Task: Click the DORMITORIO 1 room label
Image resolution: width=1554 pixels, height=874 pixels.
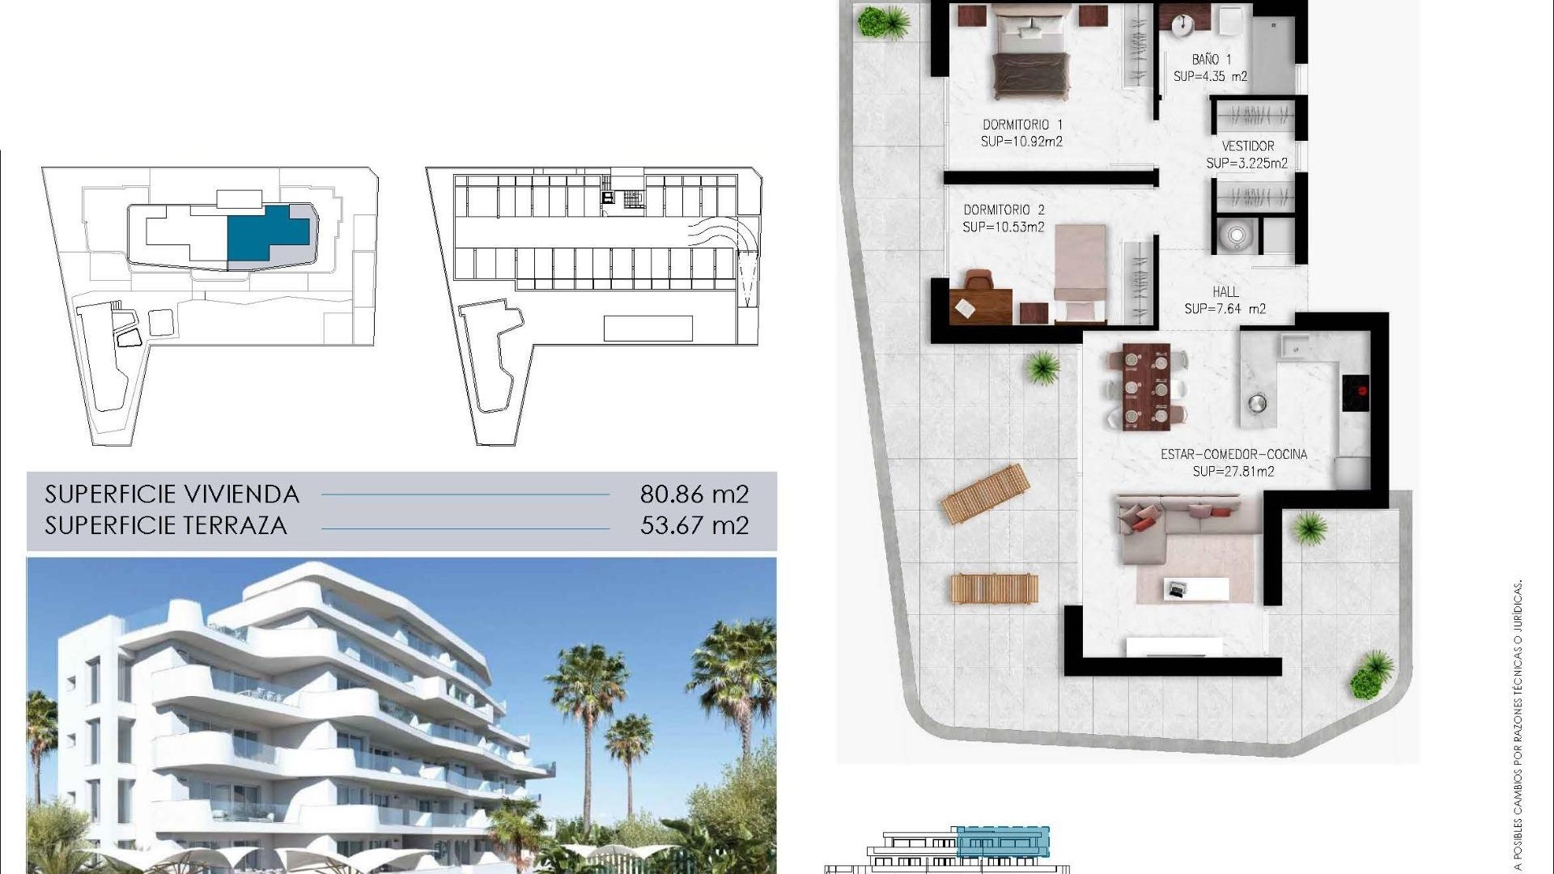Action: (x=1022, y=125)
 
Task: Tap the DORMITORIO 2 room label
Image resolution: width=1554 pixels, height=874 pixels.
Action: (x=1004, y=210)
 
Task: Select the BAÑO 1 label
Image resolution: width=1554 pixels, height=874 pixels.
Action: (x=1211, y=60)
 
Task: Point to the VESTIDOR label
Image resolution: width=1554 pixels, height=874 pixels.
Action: (x=1247, y=146)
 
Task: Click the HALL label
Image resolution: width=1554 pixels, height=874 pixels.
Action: (x=1225, y=291)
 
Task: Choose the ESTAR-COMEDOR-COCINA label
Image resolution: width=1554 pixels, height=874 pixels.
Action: (x=1233, y=455)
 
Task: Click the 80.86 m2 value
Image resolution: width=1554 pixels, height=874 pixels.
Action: (x=694, y=494)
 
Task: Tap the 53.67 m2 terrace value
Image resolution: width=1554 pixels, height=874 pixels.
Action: (x=694, y=525)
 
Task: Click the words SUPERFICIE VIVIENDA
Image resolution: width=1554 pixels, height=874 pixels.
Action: (x=172, y=494)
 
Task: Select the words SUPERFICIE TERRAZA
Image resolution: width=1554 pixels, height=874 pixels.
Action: (x=166, y=525)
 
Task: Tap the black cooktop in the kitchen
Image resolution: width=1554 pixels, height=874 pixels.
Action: (x=1356, y=392)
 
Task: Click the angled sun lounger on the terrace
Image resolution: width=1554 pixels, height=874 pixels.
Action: (x=985, y=493)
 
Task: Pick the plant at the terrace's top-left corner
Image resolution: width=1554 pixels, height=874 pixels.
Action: (x=873, y=22)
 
